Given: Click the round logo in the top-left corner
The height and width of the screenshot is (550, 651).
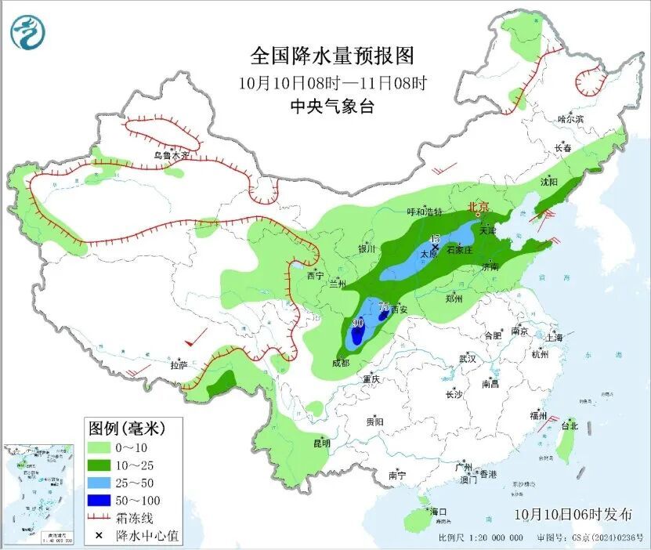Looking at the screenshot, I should tap(27, 32).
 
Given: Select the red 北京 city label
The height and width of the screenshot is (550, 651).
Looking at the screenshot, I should tap(478, 208).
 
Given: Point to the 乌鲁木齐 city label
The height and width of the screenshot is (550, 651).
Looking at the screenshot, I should tap(171, 155).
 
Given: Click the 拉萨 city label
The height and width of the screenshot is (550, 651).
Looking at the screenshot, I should tap(179, 364).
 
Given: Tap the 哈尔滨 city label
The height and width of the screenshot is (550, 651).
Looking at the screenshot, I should tap(570, 118).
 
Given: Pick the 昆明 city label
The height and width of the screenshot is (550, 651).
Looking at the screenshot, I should tap(322, 443).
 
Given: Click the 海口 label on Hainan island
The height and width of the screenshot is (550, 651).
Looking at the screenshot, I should tap(439, 512).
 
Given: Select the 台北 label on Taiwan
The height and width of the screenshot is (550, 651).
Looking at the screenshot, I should tap(569, 426).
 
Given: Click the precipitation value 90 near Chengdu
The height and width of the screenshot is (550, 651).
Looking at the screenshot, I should tap(358, 323).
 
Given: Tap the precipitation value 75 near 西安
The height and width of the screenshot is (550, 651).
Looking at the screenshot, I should tap(383, 306).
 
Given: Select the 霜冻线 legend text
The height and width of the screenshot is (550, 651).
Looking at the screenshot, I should tap(139, 518).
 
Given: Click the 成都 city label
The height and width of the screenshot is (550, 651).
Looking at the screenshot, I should tap(340, 363).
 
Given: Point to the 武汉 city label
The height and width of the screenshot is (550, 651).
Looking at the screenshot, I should tap(468, 358).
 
